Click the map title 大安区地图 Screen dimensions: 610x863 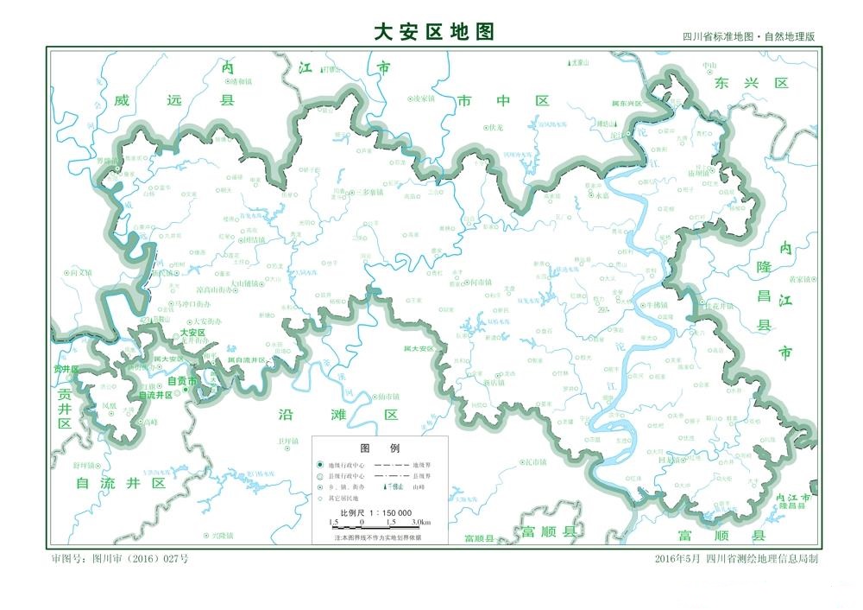click(434, 32)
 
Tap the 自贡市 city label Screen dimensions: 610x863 click(182, 381)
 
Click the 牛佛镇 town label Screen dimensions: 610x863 click(656, 305)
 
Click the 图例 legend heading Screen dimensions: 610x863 click(379, 448)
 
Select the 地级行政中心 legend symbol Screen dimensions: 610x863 click(319, 466)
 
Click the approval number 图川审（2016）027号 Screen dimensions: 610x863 click(120, 559)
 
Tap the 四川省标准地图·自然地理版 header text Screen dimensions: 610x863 click(748, 37)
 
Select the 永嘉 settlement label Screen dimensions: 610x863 click(601, 195)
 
